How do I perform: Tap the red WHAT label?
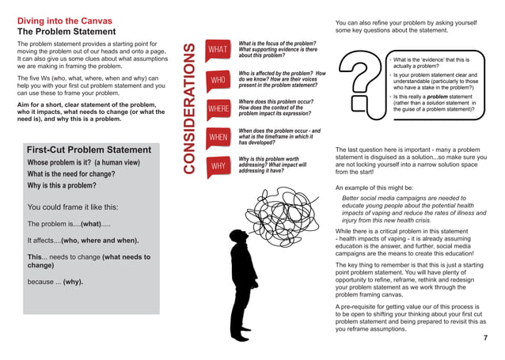pyautogui.click(x=218, y=51)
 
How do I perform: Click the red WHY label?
pyautogui.click(x=218, y=166)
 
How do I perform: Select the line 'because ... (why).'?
pyautogui.click(x=55, y=281)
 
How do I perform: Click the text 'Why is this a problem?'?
pyautogui.click(x=62, y=185)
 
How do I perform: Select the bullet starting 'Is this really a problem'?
pyautogui.click(x=434, y=102)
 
